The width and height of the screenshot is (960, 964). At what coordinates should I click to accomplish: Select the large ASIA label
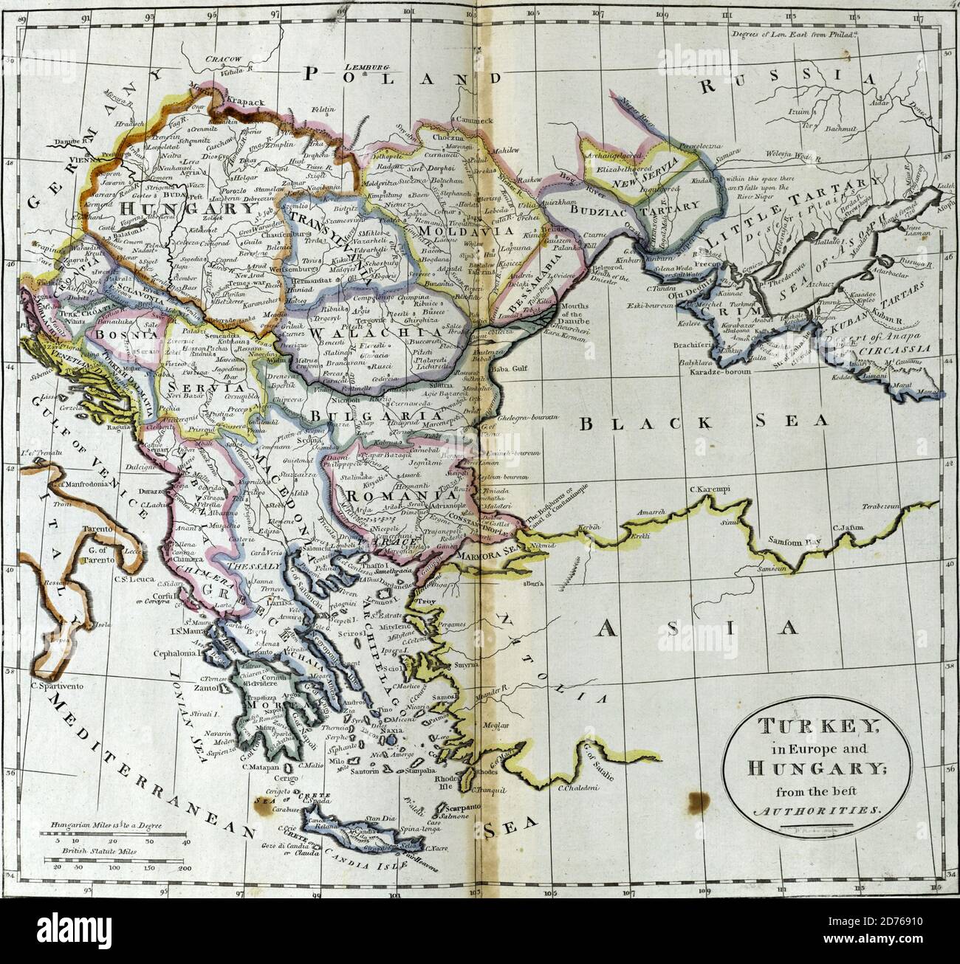point(698,627)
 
